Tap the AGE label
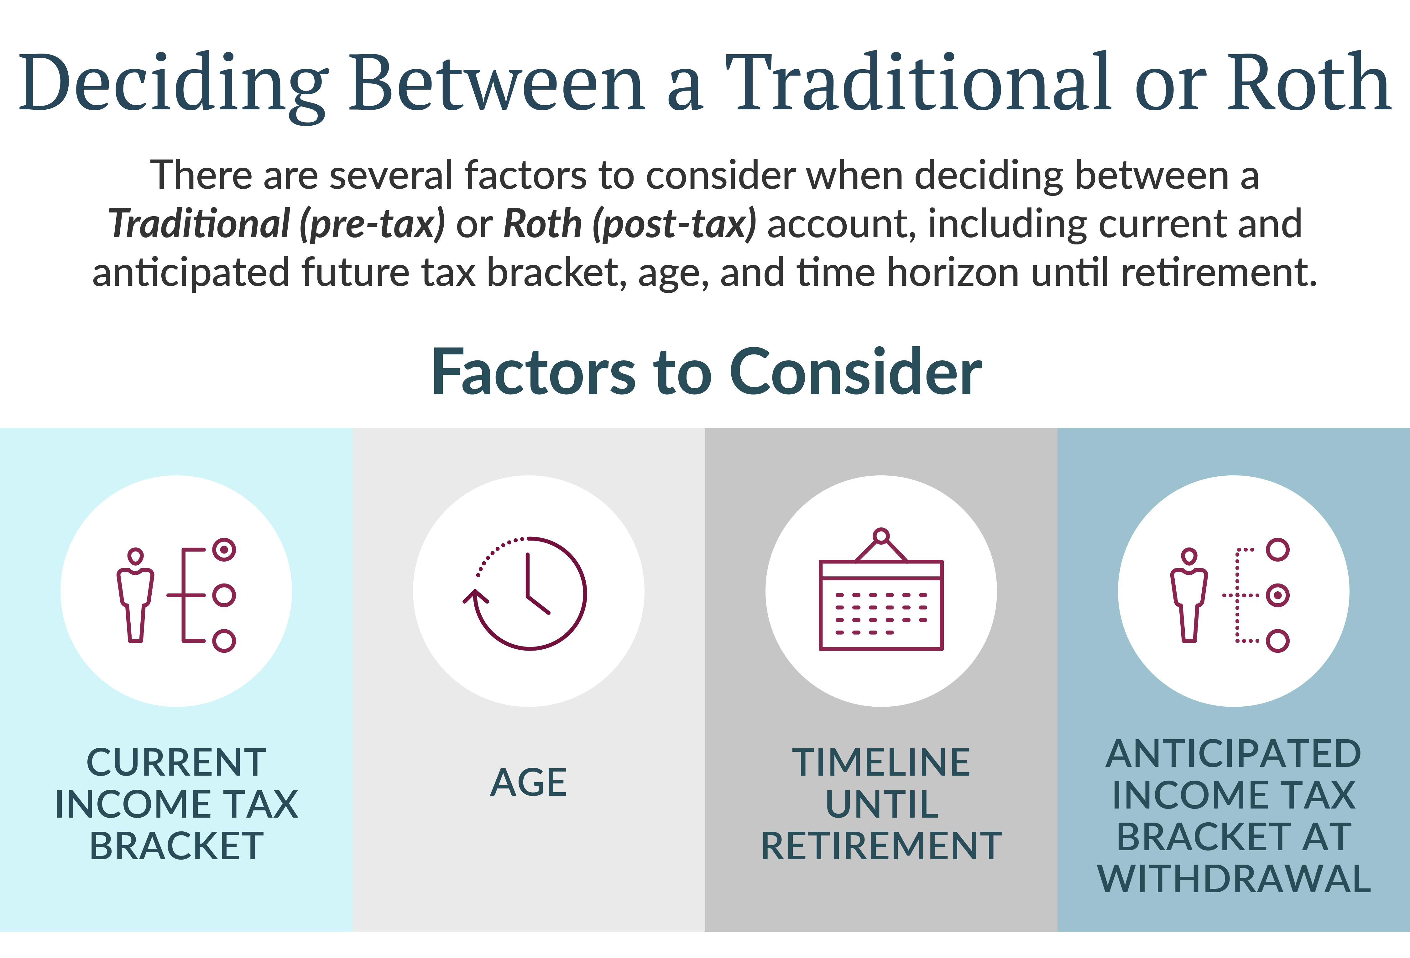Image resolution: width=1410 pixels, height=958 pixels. click(x=529, y=782)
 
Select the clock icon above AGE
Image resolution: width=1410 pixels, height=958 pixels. click(x=525, y=593)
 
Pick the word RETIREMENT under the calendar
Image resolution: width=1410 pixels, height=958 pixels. click(x=881, y=846)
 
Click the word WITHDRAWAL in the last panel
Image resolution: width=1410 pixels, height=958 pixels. click(x=1234, y=878)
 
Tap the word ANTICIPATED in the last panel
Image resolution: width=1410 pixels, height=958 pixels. click(x=1234, y=754)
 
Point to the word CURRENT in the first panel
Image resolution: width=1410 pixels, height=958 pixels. click(x=176, y=762)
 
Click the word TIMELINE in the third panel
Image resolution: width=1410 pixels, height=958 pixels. click(x=881, y=762)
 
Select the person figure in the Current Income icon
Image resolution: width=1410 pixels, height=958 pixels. click(x=135, y=594)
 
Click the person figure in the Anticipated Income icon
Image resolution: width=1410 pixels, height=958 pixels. click(x=1189, y=594)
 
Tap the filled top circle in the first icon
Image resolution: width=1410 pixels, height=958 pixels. click(x=224, y=550)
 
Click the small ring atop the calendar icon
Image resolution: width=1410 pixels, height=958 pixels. click(x=881, y=536)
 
